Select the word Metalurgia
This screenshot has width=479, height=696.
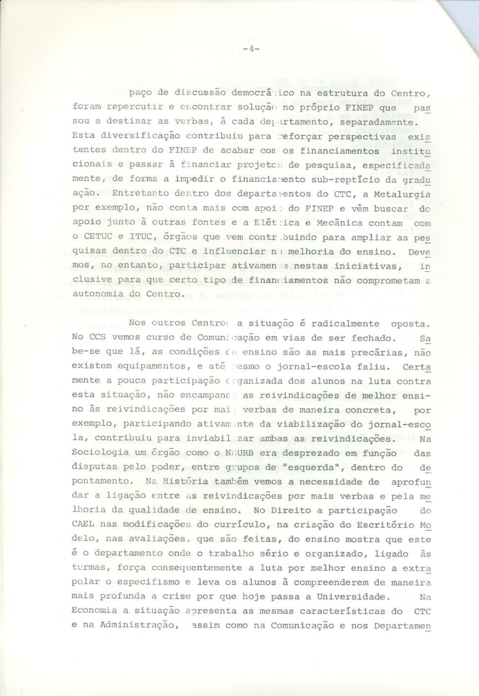(402, 194)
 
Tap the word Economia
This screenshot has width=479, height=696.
(95, 611)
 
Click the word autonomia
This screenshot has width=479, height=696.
(97, 294)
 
